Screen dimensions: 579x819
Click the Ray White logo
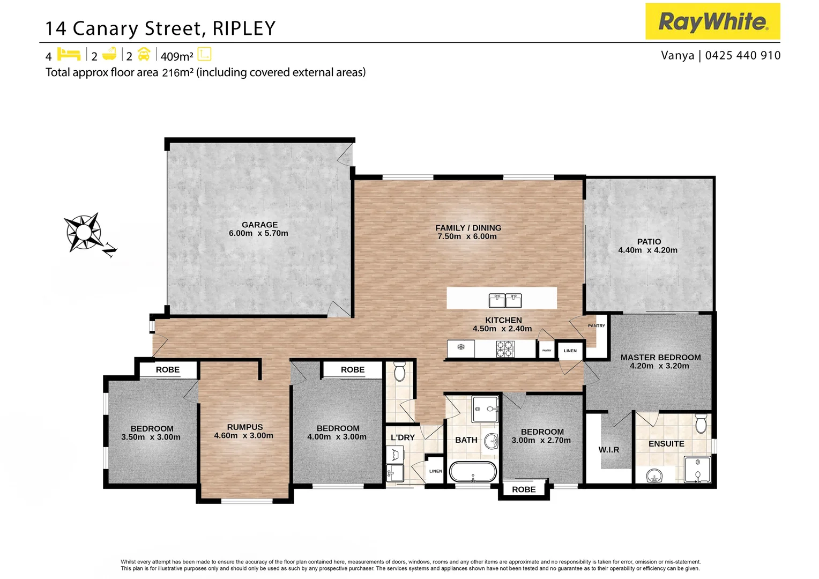tap(712, 21)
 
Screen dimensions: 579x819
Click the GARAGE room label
tap(259, 225)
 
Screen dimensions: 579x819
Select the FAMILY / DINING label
tap(468, 228)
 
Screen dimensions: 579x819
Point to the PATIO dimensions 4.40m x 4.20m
tap(647, 250)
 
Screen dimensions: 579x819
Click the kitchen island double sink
tap(505, 300)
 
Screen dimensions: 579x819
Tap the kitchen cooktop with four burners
tap(505, 349)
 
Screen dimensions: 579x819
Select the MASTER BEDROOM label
tap(660, 357)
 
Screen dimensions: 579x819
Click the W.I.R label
tap(608, 450)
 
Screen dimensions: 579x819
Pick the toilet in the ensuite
tap(701, 424)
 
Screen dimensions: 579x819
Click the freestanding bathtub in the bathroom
tap(473, 472)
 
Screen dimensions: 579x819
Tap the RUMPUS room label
tap(245, 427)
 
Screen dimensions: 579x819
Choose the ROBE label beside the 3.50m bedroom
tap(168, 370)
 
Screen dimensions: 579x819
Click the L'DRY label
tap(403, 437)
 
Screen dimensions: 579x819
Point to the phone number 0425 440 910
tap(743, 56)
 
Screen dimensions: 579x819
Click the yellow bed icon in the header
tap(69, 55)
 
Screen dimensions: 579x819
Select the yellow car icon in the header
tap(144, 55)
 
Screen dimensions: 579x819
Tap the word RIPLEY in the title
tap(244, 28)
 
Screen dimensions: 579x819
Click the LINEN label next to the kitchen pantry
tap(570, 351)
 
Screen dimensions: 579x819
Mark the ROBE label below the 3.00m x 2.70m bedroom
tap(524, 489)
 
